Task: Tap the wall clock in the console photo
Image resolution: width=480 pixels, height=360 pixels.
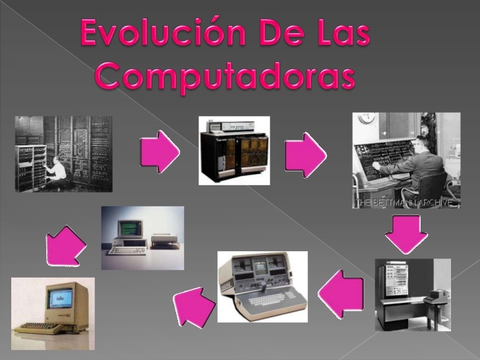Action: coord(367,119)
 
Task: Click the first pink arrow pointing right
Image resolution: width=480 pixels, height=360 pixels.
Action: coord(160,153)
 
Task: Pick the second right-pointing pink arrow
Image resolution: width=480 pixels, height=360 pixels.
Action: coord(305,154)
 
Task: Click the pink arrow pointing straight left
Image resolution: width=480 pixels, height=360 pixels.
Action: coord(342,293)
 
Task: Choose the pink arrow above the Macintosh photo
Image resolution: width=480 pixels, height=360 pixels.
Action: coord(66,247)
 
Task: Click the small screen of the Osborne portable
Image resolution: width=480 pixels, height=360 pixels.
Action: coord(260,266)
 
